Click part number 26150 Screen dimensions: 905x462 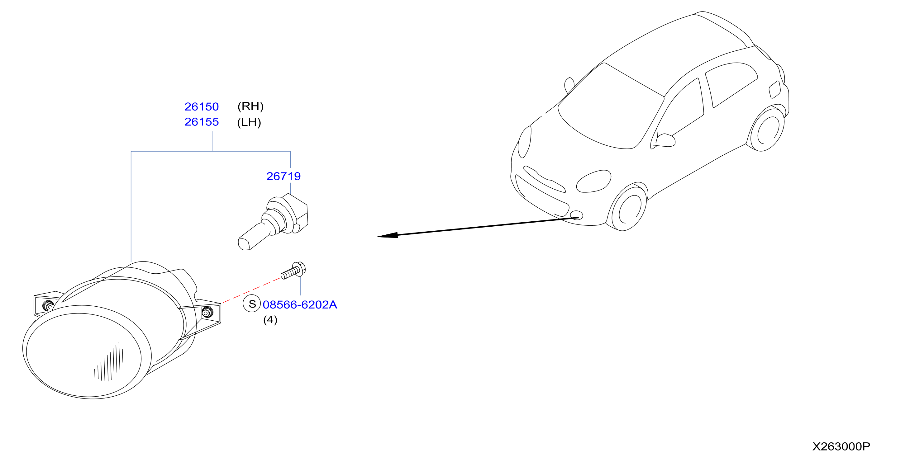click(201, 106)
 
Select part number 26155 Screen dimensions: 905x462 click(201, 122)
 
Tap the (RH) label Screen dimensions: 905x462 click(250, 106)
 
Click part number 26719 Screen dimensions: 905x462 click(283, 176)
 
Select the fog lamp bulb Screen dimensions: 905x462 click(273, 222)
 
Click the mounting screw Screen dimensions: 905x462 click(293, 270)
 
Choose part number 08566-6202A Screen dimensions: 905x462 click(300, 304)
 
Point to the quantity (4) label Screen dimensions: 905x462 click(270, 320)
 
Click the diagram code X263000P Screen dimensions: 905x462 click(841, 446)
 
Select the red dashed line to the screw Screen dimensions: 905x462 click(251, 290)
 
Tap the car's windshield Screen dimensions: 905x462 click(611, 106)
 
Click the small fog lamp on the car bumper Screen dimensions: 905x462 click(576, 215)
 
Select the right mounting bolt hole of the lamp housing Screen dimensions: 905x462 click(207, 312)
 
